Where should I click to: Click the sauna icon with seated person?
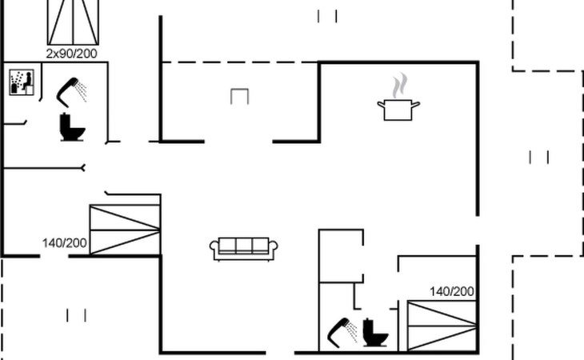tap(22, 82)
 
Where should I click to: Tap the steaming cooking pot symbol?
tap(398, 97)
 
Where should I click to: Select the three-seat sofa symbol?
tap(243, 249)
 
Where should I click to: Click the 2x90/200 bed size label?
tap(72, 54)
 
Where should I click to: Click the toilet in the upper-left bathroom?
tap(72, 127)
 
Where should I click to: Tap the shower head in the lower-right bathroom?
tap(342, 333)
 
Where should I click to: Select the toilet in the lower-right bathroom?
tap(375, 333)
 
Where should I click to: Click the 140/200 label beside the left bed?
tap(65, 243)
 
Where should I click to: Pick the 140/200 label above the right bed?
tap(452, 291)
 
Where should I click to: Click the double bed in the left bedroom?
tap(125, 230)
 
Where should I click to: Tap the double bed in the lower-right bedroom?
tap(442, 326)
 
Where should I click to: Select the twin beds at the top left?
tap(74, 22)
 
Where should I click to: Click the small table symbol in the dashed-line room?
tap(239, 96)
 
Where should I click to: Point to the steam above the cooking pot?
tap(400, 86)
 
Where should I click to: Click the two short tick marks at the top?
tap(327, 16)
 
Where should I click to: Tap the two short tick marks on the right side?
tap(539, 157)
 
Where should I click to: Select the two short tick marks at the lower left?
tap(76, 315)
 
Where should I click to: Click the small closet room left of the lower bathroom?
tap(341, 256)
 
